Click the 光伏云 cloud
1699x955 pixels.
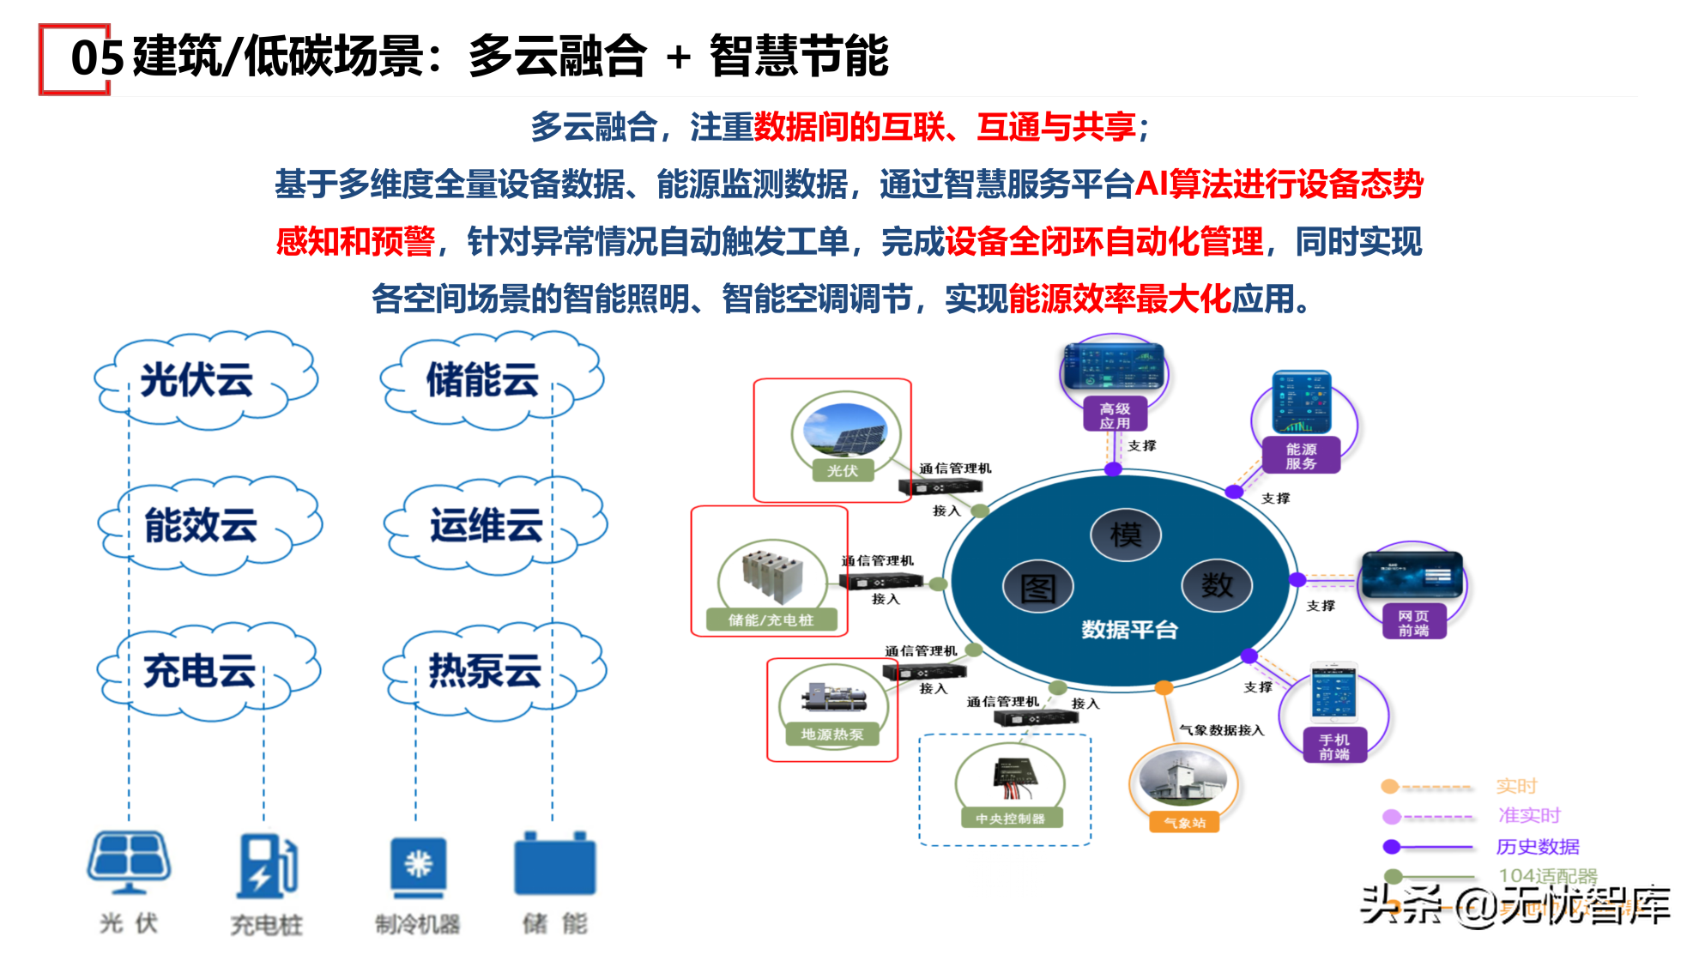click(x=204, y=380)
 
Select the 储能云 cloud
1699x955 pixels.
click(x=489, y=380)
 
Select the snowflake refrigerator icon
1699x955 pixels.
click(x=418, y=865)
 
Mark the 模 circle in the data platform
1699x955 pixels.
click(x=1125, y=535)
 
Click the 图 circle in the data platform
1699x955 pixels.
click(x=1038, y=589)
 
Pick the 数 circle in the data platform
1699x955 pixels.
click(x=1216, y=585)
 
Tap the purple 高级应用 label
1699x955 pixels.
click(x=1115, y=416)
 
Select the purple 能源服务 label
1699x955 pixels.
click(x=1301, y=456)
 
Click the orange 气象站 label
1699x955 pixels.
click(x=1185, y=823)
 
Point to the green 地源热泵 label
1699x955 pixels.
click(x=832, y=734)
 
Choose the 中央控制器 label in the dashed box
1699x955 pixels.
click(x=1010, y=819)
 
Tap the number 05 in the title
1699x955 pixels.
click(x=97, y=58)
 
